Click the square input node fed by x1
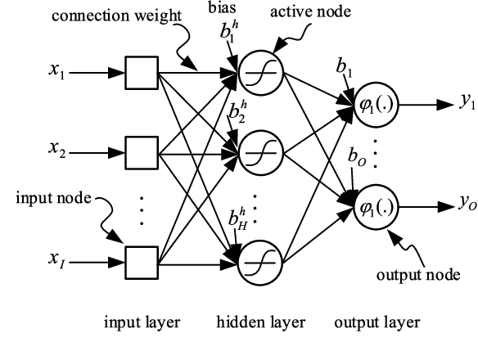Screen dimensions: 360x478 (x=140, y=73)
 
